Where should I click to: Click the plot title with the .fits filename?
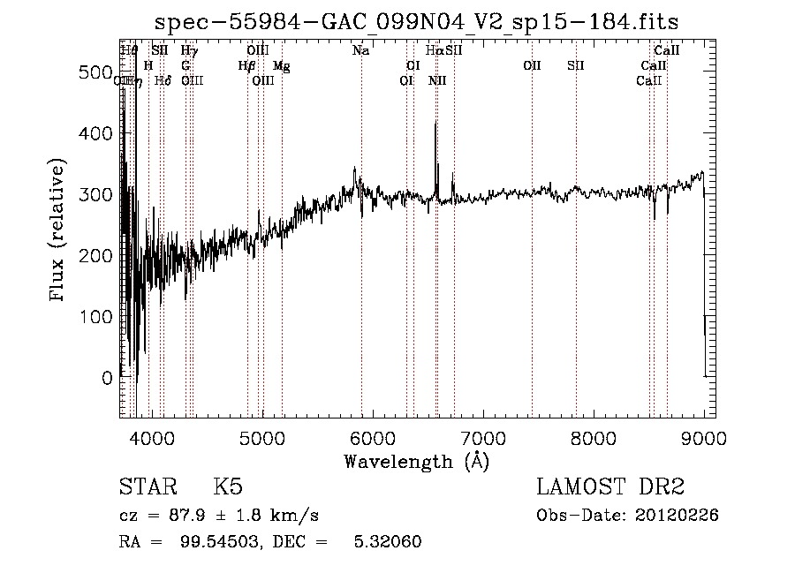click(417, 22)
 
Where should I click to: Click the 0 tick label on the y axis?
click(106, 378)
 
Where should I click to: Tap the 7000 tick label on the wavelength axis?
click(482, 437)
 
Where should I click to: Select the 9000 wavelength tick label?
click(703, 437)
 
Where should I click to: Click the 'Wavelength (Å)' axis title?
click(416, 461)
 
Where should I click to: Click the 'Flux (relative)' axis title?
click(59, 231)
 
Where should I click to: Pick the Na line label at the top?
click(360, 51)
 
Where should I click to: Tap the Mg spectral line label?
click(281, 66)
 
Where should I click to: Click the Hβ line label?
click(246, 66)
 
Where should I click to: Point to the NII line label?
click(437, 81)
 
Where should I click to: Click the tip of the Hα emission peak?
click(435, 122)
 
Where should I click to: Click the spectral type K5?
click(228, 487)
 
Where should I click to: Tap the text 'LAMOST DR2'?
click(610, 487)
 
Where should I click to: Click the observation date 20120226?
click(680, 516)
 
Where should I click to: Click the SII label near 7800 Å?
click(576, 66)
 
